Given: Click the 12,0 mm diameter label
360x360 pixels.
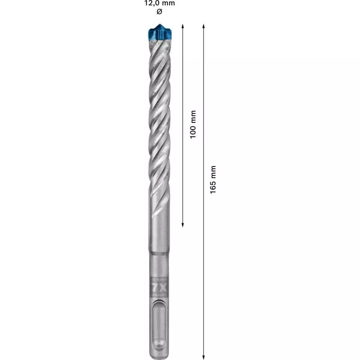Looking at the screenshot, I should (x=159, y=3).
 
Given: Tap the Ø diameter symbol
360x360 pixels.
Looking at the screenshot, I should (x=159, y=11).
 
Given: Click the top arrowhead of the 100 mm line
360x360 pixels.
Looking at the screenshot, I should (x=183, y=26).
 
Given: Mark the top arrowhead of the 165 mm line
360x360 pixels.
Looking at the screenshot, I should (x=204, y=26).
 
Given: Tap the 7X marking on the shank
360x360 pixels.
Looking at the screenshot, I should (x=159, y=287).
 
